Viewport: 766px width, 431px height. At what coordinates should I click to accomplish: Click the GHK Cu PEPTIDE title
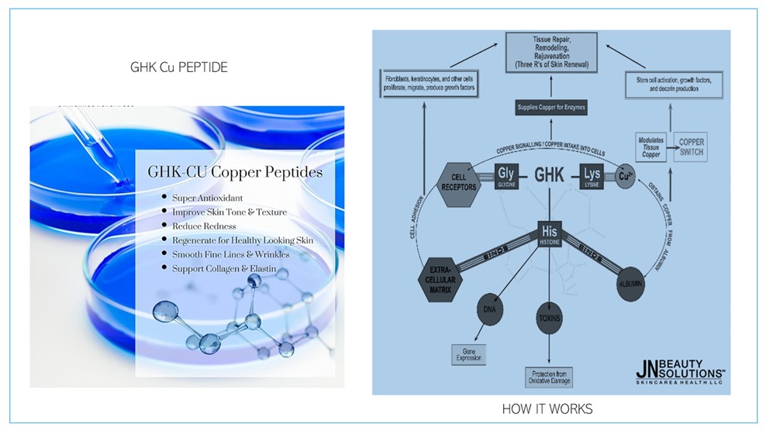(x=179, y=67)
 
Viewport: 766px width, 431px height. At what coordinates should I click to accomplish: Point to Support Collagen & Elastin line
(x=229, y=268)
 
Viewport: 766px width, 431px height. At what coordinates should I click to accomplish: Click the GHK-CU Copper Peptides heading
(x=234, y=172)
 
